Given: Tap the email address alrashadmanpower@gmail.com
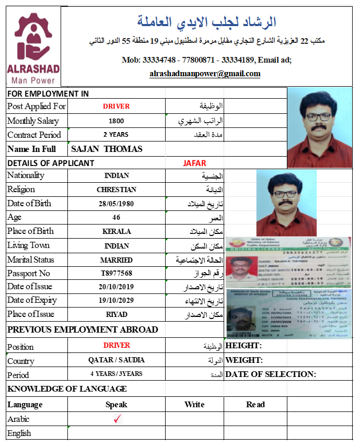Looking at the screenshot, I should [x=205, y=74].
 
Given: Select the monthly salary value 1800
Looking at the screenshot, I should [x=116, y=121].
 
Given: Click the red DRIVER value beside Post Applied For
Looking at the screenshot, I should [x=116, y=107].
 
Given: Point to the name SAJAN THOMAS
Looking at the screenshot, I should [x=107, y=149].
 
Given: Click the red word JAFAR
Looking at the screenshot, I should [x=194, y=163].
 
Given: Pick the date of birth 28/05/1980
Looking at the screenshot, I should [x=117, y=203].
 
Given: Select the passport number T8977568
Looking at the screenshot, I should [x=117, y=273].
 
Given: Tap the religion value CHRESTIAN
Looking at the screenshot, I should [x=117, y=190].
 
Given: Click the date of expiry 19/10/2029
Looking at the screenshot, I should [x=117, y=301].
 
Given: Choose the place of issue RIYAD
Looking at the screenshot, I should [x=117, y=315].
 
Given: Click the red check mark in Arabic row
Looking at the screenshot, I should [x=117, y=419].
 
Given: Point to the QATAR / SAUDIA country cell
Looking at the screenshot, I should [x=117, y=360].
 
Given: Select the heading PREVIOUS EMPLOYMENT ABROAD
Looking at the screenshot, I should [x=83, y=329].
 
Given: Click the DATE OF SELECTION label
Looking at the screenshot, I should [x=271, y=374].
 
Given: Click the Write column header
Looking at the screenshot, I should [x=194, y=404].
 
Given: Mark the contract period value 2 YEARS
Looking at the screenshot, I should [x=116, y=135].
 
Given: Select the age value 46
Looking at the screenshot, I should [x=117, y=217].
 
